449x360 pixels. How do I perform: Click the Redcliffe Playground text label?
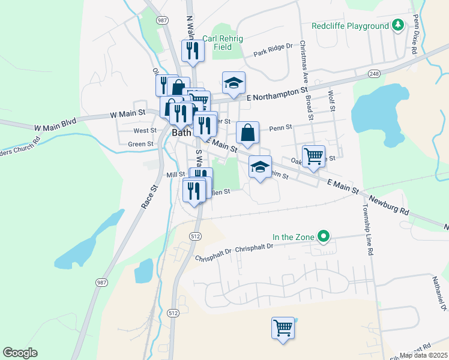click(x=351, y=26)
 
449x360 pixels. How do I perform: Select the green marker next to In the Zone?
click(x=324, y=237)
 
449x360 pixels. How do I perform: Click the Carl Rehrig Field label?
click(x=225, y=42)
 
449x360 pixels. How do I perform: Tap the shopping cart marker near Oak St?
click(x=313, y=157)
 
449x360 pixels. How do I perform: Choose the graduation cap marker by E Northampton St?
click(x=234, y=83)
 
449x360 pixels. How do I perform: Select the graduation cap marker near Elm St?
click(x=260, y=167)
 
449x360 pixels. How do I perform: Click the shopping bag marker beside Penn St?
click(x=247, y=133)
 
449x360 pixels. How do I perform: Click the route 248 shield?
click(x=375, y=73)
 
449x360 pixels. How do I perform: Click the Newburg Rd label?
click(x=388, y=205)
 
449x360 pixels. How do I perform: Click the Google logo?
click(x=20, y=353)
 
